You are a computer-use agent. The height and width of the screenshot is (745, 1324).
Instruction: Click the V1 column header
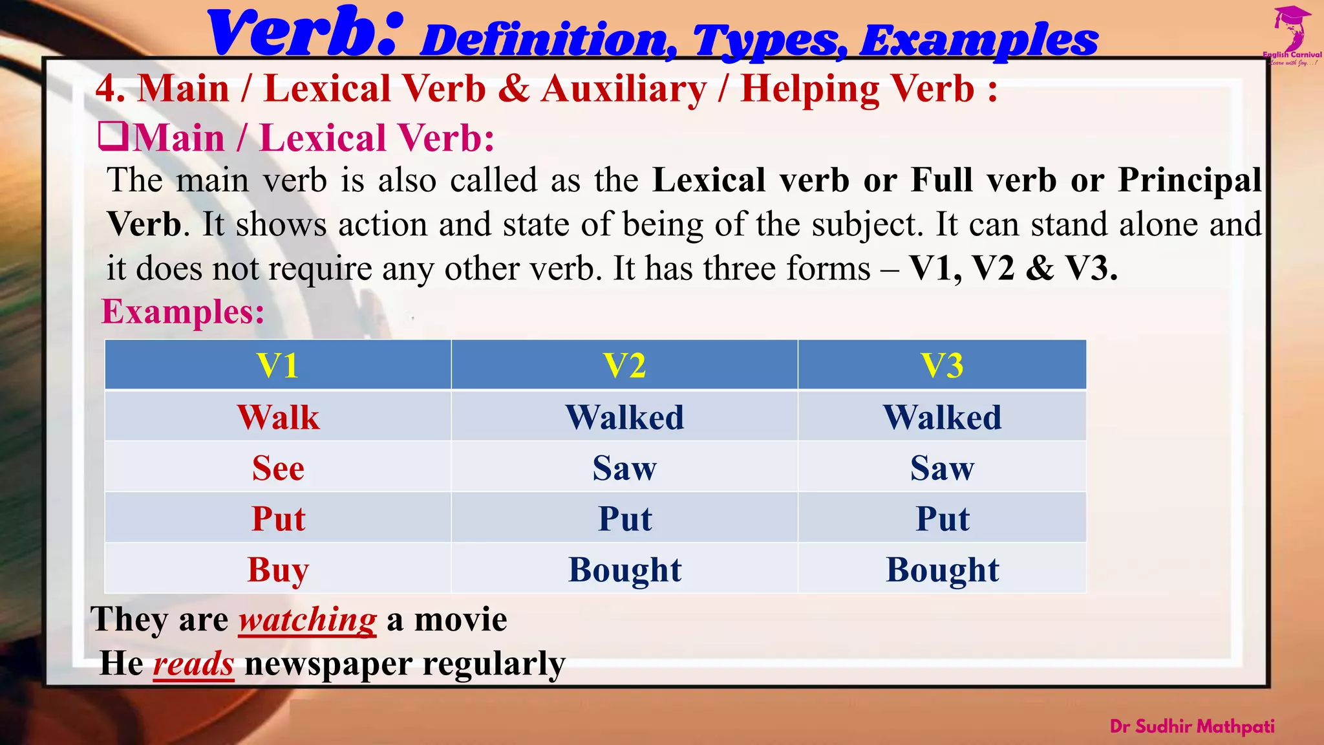point(278,365)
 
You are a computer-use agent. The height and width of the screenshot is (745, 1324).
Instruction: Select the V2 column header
point(625,365)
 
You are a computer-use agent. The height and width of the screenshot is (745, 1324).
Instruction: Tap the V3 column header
point(942,365)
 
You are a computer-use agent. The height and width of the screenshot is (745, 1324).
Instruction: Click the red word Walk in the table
point(278,417)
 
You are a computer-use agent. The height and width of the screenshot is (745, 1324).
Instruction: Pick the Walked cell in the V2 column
point(625,417)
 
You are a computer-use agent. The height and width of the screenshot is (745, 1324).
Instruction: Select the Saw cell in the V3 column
point(942,468)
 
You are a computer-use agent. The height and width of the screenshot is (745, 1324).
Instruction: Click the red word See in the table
point(278,468)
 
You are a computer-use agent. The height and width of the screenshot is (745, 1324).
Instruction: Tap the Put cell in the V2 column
point(625,519)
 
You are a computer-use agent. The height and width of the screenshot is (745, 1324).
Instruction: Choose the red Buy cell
point(278,570)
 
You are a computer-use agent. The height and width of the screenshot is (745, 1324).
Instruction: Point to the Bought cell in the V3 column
point(942,570)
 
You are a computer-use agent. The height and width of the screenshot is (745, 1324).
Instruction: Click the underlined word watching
point(308,620)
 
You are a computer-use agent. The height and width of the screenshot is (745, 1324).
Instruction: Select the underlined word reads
point(193,664)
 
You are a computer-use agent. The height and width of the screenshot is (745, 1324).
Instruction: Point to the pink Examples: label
point(183,312)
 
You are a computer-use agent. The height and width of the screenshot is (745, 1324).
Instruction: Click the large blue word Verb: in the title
point(305,34)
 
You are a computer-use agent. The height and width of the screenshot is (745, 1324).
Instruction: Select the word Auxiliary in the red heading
point(624,89)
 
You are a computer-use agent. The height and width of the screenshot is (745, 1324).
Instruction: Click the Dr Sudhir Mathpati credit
point(1192,726)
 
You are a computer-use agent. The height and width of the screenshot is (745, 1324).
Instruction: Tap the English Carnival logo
point(1292,36)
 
